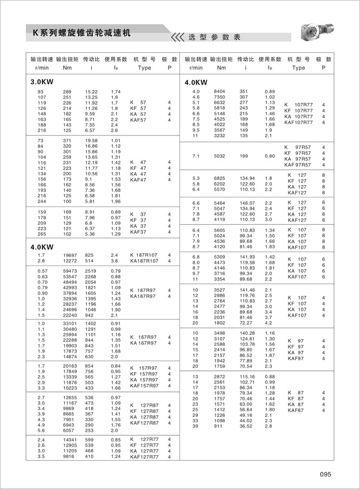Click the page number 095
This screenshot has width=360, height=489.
[325, 475]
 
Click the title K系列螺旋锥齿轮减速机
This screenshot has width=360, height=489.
[81, 33]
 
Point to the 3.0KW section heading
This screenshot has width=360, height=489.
[42, 81]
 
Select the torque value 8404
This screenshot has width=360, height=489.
[220, 91]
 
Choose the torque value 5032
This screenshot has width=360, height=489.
[220, 156]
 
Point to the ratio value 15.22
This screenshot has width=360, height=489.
[91, 91]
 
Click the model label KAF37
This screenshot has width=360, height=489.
[138, 232]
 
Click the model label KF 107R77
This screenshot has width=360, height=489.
[298, 110]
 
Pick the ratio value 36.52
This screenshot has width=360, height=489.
[246, 426]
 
